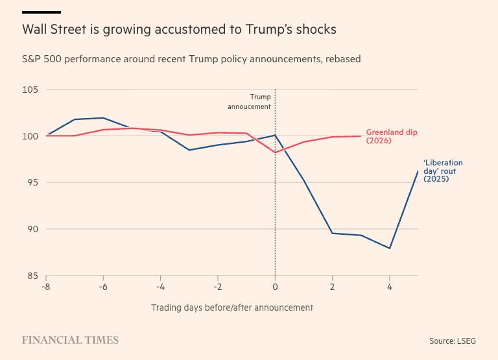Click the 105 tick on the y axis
click(x=30, y=90)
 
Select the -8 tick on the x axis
click(x=46, y=286)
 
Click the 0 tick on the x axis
click(x=276, y=286)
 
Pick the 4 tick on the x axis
click(x=390, y=286)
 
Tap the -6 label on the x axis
click(x=103, y=286)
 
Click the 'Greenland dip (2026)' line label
click(x=392, y=136)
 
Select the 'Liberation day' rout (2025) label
click(x=443, y=171)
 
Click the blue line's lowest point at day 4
click(x=390, y=248)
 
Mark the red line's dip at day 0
click(x=276, y=152)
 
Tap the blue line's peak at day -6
click(x=103, y=118)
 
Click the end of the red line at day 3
click(x=361, y=136)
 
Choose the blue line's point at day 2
click(x=333, y=233)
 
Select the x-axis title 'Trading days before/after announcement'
click(x=232, y=307)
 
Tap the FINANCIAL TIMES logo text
click(x=70, y=340)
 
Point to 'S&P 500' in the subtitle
click(x=40, y=59)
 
